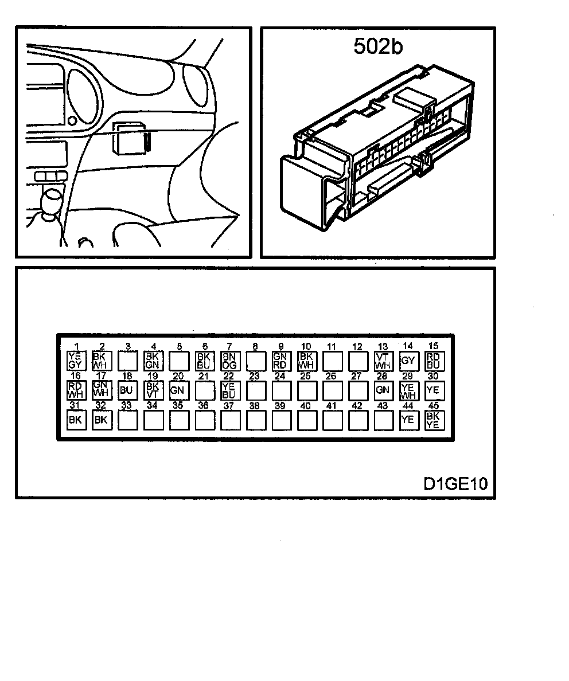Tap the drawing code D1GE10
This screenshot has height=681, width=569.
(455, 484)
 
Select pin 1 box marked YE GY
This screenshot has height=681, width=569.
(75, 360)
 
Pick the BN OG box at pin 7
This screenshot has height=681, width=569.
(229, 360)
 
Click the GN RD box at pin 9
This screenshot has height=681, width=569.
(280, 360)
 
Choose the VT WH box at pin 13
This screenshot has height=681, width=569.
(383, 360)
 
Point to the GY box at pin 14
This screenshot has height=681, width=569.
(408, 361)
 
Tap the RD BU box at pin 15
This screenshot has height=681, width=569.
(433, 360)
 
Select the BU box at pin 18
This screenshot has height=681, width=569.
(126, 390)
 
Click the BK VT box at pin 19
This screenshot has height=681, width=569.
(152, 390)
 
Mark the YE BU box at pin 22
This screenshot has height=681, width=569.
(229, 390)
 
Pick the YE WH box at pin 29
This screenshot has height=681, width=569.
(408, 390)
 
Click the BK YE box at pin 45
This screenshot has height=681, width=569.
(433, 421)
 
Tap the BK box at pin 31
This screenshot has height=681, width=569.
(75, 420)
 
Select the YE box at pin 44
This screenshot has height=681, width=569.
(408, 420)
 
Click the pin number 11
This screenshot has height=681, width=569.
(331, 346)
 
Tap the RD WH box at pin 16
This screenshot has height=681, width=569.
(75, 390)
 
